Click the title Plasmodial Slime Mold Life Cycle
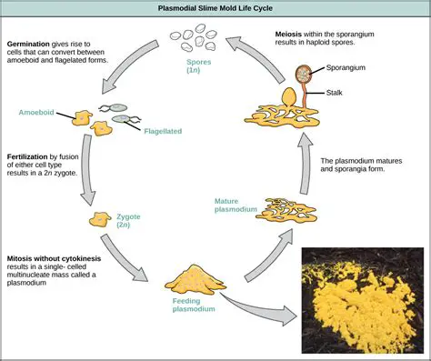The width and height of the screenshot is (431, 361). coord(215,8)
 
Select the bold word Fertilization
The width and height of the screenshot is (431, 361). coord(34,156)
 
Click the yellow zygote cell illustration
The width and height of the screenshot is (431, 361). coord(99,220)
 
